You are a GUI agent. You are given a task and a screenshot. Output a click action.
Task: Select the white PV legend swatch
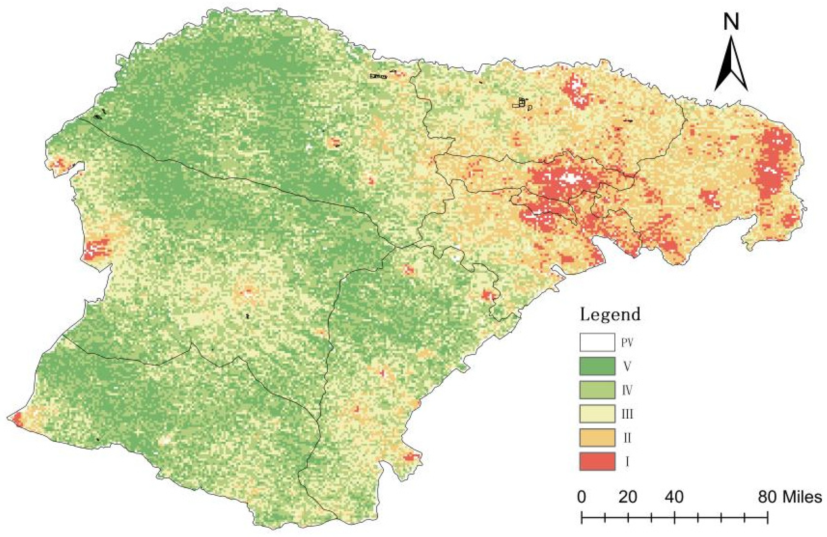pyautogui.click(x=597, y=342)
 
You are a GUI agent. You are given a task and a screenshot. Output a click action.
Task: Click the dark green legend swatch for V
pyautogui.click(x=597, y=366)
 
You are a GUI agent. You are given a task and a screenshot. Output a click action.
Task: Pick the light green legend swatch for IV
pyautogui.click(x=597, y=390)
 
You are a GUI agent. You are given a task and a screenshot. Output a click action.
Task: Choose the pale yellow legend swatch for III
pyautogui.click(x=597, y=414)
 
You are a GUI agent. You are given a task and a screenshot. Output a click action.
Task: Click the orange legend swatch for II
pyautogui.click(x=597, y=438)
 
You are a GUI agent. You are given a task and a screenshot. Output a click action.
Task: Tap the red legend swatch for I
pyautogui.click(x=597, y=462)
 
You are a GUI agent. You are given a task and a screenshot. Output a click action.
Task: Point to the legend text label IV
pyautogui.click(x=627, y=390)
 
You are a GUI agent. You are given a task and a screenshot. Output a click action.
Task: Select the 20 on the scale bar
pyautogui.click(x=628, y=497)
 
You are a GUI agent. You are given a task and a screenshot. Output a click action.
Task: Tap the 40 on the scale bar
pyautogui.click(x=674, y=497)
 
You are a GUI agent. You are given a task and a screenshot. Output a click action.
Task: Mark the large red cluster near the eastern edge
pyautogui.click(x=777, y=163)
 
